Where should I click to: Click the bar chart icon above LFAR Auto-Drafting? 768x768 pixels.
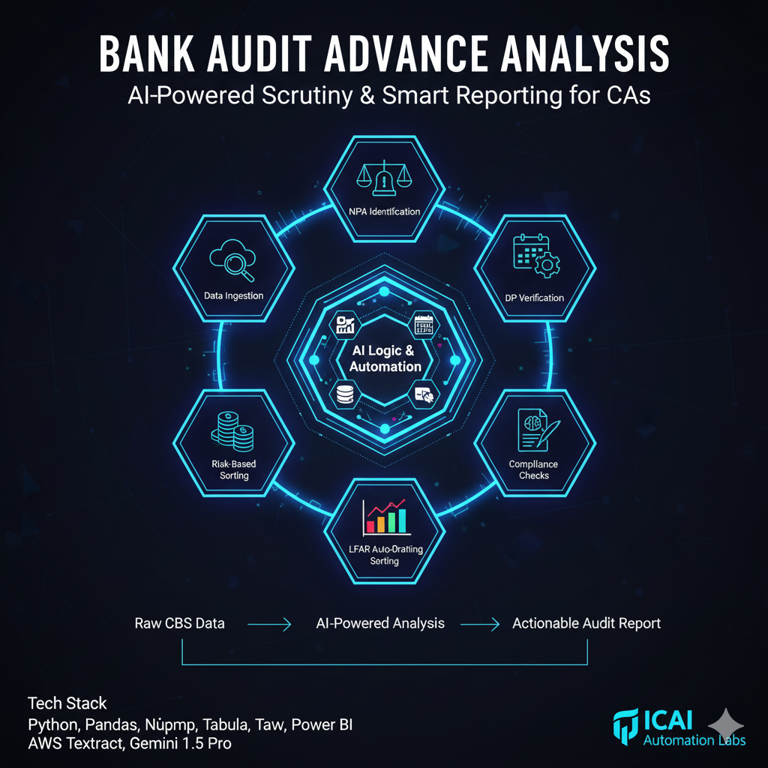pyautogui.click(x=384, y=516)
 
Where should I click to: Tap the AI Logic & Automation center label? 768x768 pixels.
pyautogui.click(x=385, y=358)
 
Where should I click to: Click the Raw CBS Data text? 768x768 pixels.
pyautogui.click(x=179, y=623)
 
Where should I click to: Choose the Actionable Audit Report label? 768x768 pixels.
pyautogui.click(x=586, y=623)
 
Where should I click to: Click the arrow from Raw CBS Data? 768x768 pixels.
pyautogui.click(x=269, y=624)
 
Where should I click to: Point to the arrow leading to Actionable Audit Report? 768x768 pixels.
pyautogui.click(x=478, y=624)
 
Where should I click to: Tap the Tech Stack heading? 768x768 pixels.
pyautogui.click(x=67, y=703)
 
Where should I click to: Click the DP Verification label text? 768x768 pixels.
pyautogui.click(x=534, y=298)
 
